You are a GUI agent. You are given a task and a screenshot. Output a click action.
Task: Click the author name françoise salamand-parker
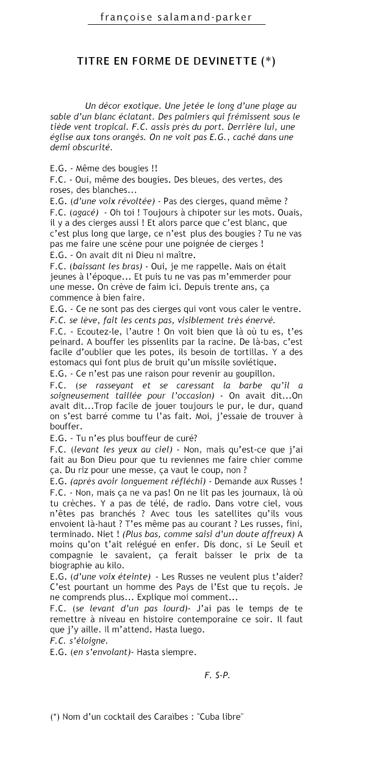(x=176, y=17)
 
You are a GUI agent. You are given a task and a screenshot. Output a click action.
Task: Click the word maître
(x=181, y=255)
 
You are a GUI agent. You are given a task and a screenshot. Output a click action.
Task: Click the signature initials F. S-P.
(x=217, y=675)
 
